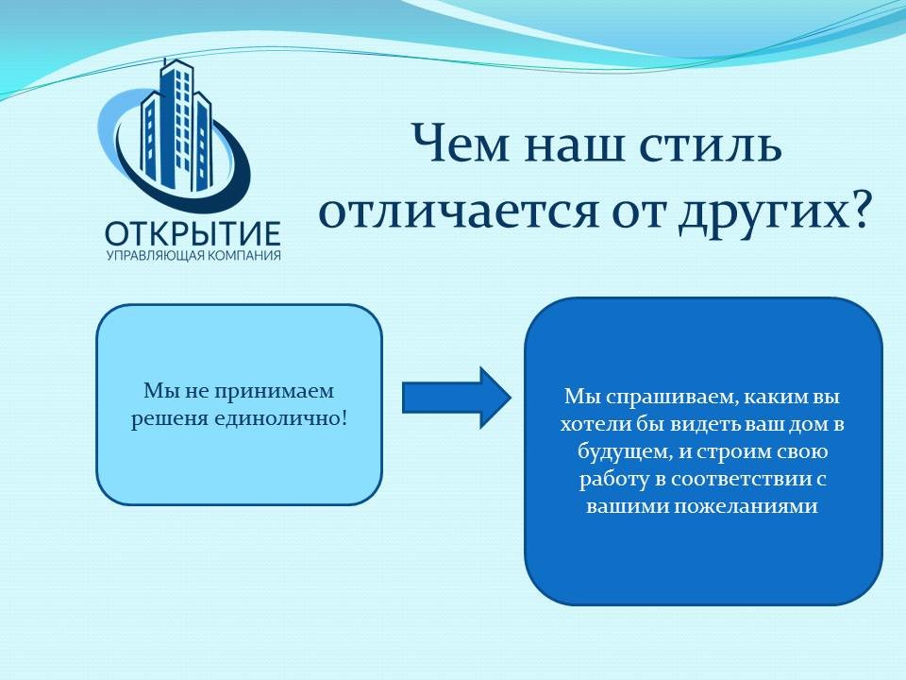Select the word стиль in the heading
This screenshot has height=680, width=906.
coord(710,144)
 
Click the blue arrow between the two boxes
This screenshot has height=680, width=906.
coord(457,398)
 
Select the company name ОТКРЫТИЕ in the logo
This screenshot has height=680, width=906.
coord(193,233)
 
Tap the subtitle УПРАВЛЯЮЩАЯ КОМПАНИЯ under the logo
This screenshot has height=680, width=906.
coord(193,256)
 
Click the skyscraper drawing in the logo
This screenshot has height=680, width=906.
coord(176,127)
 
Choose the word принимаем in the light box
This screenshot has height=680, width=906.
coord(275,392)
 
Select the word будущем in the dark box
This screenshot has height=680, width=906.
coord(625,451)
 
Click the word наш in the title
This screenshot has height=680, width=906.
coord(575,144)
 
